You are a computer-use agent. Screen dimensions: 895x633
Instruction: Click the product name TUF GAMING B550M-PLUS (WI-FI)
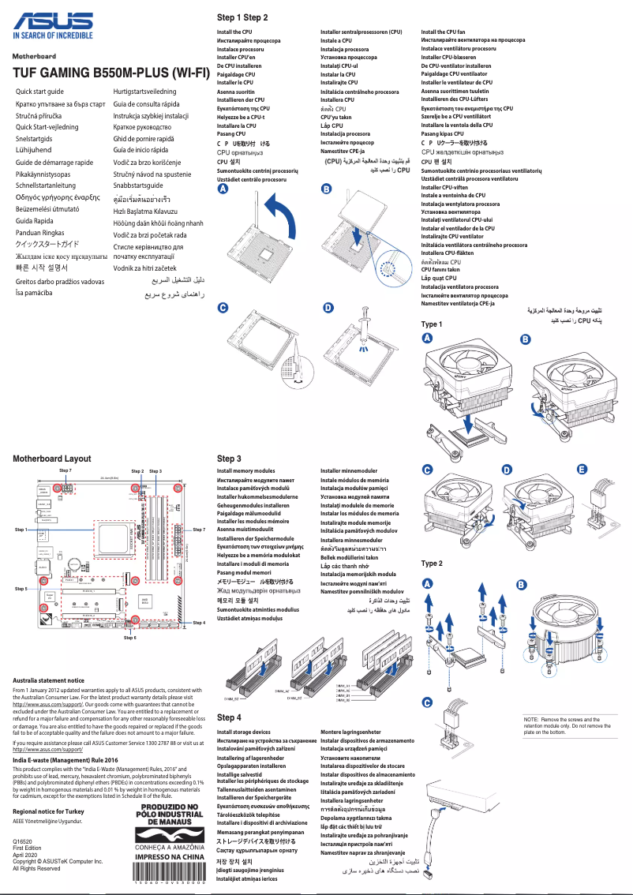[110, 73]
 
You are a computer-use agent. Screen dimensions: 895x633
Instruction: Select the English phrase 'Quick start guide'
[40, 92]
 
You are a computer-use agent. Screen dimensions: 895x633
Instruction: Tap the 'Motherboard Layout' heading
[51, 459]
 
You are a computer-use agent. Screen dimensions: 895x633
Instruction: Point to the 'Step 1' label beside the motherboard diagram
[21, 529]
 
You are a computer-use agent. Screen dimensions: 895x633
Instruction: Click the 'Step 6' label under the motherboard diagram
[130, 637]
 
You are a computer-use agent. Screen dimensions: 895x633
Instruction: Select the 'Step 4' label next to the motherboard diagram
[199, 623]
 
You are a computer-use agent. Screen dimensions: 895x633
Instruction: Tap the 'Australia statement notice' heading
[48, 680]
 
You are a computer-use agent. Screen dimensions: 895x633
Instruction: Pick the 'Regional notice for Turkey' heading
[48, 811]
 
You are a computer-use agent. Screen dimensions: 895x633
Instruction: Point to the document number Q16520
[23, 843]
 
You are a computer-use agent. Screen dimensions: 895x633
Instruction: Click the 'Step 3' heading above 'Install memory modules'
[229, 459]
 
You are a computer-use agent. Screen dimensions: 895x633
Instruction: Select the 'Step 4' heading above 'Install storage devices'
[229, 717]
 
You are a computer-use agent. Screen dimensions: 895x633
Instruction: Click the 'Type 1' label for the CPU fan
[432, 324]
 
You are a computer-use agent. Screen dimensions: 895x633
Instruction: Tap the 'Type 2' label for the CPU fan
[432, 564]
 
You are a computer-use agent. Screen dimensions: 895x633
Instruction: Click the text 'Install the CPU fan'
[443, 32]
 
